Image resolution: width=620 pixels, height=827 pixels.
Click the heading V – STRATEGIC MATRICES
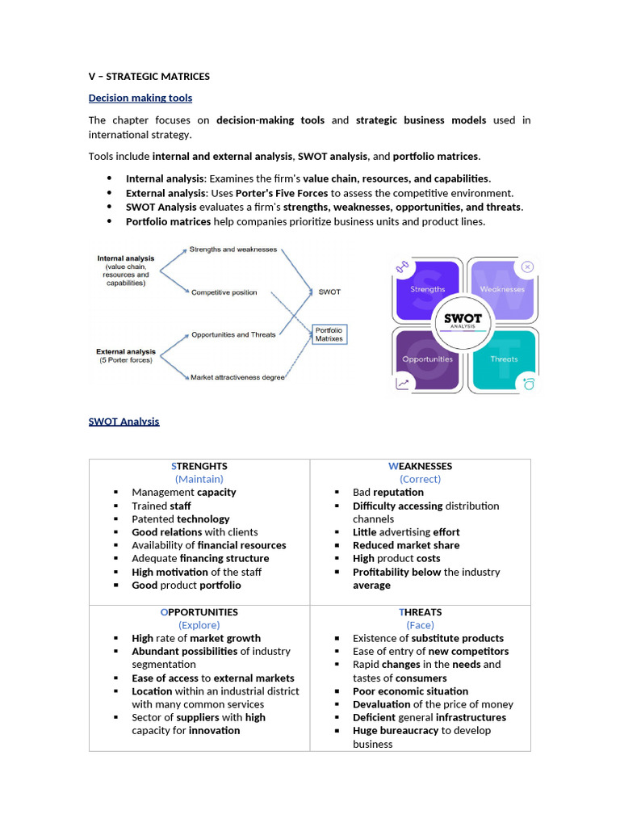click(149, 77)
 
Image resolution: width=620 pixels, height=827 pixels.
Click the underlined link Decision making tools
click(140, 99)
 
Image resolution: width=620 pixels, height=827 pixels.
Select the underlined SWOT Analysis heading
click(124, 422)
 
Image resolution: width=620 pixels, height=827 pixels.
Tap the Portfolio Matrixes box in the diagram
click(329, 334)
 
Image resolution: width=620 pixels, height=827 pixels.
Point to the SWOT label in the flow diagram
click(329, 292)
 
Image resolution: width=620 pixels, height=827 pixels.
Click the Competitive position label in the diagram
click(224, 292)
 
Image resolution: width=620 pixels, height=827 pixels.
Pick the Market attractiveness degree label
click(237, 377)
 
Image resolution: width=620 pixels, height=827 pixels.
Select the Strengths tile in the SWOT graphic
click(427, 289)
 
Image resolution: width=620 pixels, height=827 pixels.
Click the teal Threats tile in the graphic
click(504, 359)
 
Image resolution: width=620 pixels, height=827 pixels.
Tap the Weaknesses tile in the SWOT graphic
click(502, 289)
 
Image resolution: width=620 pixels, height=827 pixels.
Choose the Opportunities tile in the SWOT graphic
click(427, 359)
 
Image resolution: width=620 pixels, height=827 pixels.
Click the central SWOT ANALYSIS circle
click(463, 321)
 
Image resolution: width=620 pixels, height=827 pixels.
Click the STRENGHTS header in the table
click(199, 466)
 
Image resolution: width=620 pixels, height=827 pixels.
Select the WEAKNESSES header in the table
click(420, 466)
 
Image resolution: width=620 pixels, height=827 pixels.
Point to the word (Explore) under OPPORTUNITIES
click(199, 625)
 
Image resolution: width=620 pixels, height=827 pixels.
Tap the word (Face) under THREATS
click(420, 625)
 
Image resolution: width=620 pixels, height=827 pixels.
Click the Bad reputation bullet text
click(387, 493)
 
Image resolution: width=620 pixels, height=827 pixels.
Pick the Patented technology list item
click(181, 519)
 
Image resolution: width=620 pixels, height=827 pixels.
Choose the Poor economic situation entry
click(410, 691)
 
